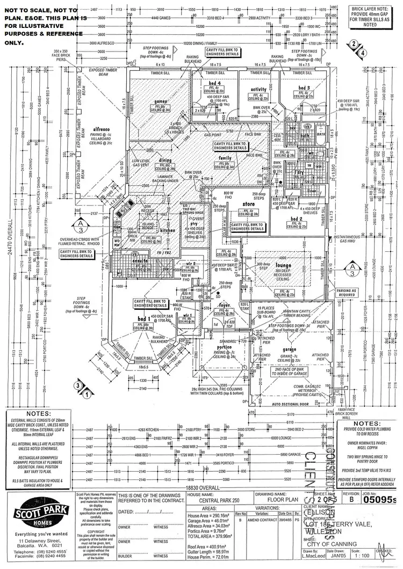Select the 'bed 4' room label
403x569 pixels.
pyautogui.click(x=215, y=83)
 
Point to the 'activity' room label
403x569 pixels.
pyautogui.click(x=258, y=90)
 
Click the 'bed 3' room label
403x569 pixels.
pyautogui.click(x=305, y=87)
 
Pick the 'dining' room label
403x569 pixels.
pyautogui.click(x=165, y=160)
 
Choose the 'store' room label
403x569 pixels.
pyautogui.click(x=248, y=203)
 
